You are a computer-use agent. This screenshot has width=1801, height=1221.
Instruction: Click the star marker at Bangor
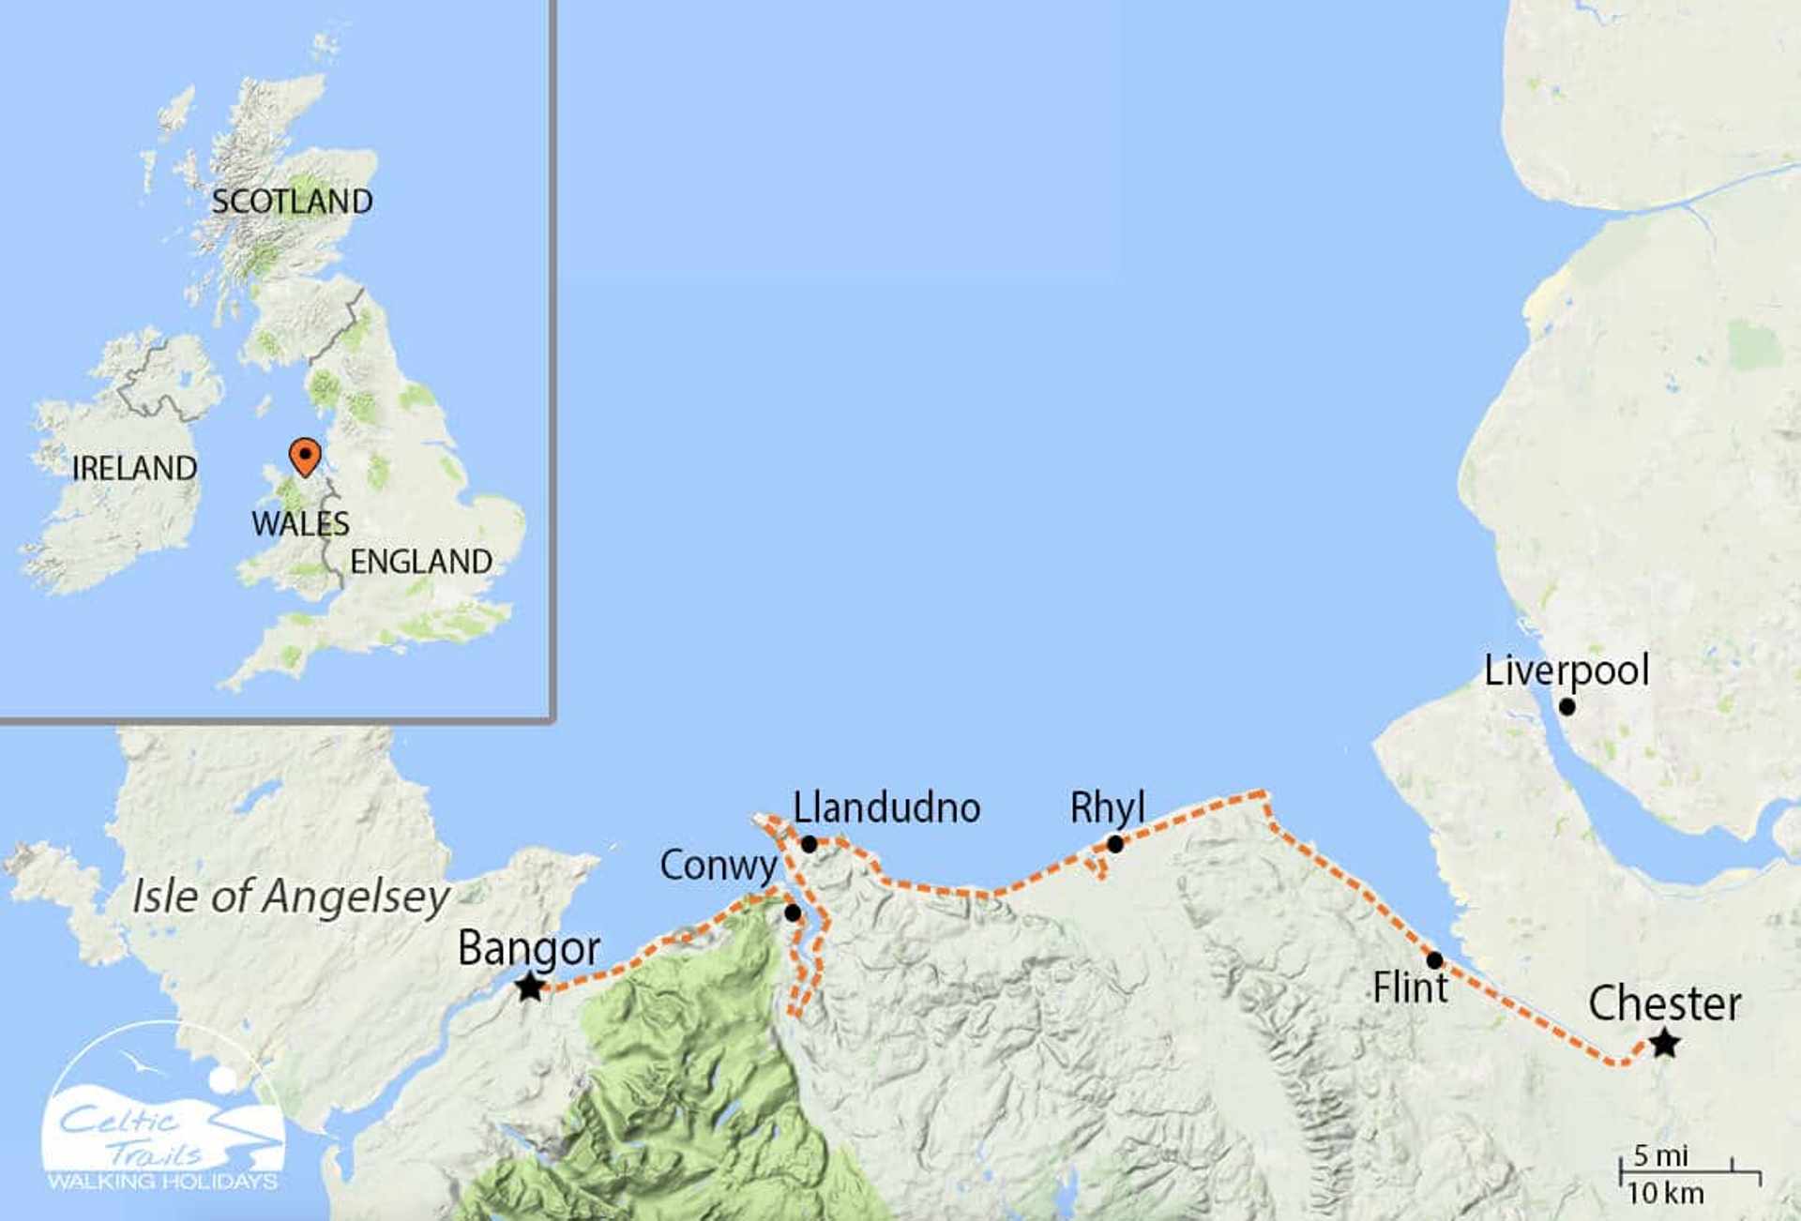coord(530,986)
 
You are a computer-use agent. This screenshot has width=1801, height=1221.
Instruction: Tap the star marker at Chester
coord(1664,1043)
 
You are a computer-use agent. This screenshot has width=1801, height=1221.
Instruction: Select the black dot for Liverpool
coord(1566,707)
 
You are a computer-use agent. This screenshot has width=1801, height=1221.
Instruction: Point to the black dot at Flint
coord(1434,960)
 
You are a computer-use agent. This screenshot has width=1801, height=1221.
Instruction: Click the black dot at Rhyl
coord(1114,845)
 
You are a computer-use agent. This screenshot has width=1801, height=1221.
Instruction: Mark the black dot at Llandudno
coord(809,844)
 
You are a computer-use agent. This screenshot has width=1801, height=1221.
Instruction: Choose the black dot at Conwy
coord(793,912)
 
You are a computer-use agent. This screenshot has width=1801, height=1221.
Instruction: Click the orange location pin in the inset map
coord(304,456)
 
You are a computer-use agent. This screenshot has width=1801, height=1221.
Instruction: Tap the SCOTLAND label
coord(292,202)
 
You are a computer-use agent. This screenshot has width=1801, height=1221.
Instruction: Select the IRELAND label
coord(134,469)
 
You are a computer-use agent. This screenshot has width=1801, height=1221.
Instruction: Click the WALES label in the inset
coord(300,524)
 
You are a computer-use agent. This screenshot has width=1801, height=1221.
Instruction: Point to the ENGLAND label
coord(421,562)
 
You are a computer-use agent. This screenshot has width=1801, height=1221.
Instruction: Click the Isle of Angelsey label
coord(291,897)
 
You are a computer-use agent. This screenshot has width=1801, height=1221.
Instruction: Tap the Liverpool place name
coord(1566,671)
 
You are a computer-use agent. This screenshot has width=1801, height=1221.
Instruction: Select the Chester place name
coord(1665,1003)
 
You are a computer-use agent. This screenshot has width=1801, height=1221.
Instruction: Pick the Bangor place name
coord(529,948)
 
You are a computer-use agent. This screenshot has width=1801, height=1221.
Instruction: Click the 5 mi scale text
coord(1660,1155)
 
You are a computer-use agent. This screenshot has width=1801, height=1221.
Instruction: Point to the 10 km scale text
coord(1665,1194)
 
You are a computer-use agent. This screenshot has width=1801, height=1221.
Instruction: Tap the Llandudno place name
coord(886,808)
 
